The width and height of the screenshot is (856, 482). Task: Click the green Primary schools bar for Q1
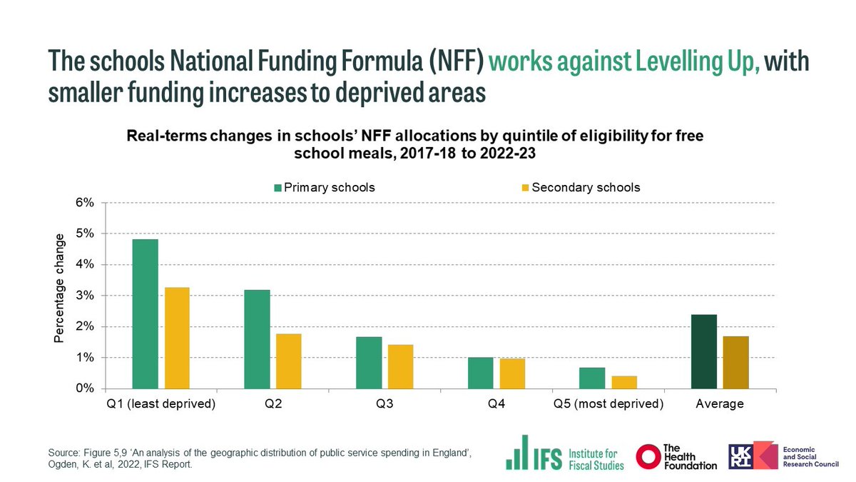tap(145, 314)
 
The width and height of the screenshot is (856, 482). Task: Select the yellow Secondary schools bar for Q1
tap(177, 338)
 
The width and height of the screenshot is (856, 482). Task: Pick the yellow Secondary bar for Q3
tap(400, 367)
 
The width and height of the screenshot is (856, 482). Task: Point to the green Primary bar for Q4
tap(481, 373)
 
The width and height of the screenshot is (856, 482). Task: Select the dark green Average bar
tap(704, 351)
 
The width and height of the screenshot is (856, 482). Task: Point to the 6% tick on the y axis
tap(85, 203)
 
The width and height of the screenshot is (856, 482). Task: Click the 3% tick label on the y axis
tap(85, 296)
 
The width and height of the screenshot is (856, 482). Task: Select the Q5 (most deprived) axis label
tap(608, 404)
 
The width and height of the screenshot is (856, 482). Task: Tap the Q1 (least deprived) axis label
tap(160, 404)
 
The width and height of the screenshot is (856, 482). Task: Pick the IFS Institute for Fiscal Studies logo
tap(564, 453)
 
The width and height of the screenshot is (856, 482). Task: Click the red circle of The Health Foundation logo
tap(648, 456)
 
